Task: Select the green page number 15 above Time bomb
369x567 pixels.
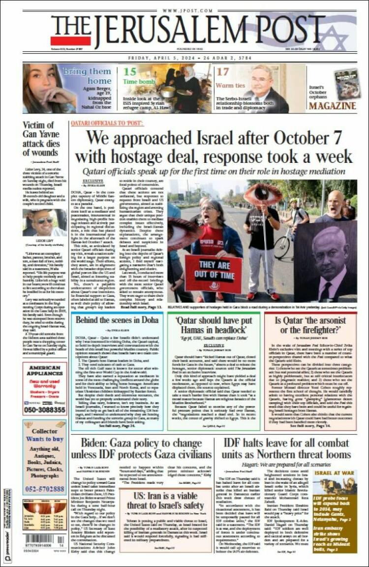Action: coord(130,71)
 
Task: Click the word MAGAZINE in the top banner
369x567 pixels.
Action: coord(332,106)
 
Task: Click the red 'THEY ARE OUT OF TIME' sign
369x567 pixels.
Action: coord(213,272)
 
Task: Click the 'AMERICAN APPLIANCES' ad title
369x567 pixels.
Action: coord(45,371)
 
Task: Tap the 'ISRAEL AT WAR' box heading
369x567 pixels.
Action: coord(334,473)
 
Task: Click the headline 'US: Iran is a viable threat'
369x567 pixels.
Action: coord(166,500)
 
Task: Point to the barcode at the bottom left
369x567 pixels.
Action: coord(44,539)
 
